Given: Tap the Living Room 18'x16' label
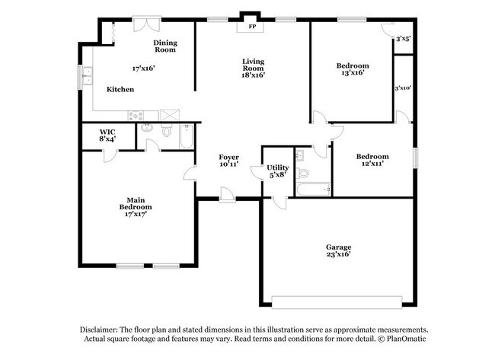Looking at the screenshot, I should point(253,68).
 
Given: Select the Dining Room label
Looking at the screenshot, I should point(164,46).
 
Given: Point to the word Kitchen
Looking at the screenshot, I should point(120,90).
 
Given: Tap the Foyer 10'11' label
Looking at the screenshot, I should point(229,161).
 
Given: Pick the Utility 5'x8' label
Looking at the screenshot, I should point(277,170).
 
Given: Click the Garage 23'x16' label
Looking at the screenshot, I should point(338,250).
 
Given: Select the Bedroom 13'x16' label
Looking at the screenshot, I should point(352,69).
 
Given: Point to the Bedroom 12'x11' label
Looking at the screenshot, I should point(372,160).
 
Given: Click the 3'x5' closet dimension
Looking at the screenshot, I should point(402,37).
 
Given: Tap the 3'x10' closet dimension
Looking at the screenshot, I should point(403,88).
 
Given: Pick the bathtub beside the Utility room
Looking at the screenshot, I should point(313,187).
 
